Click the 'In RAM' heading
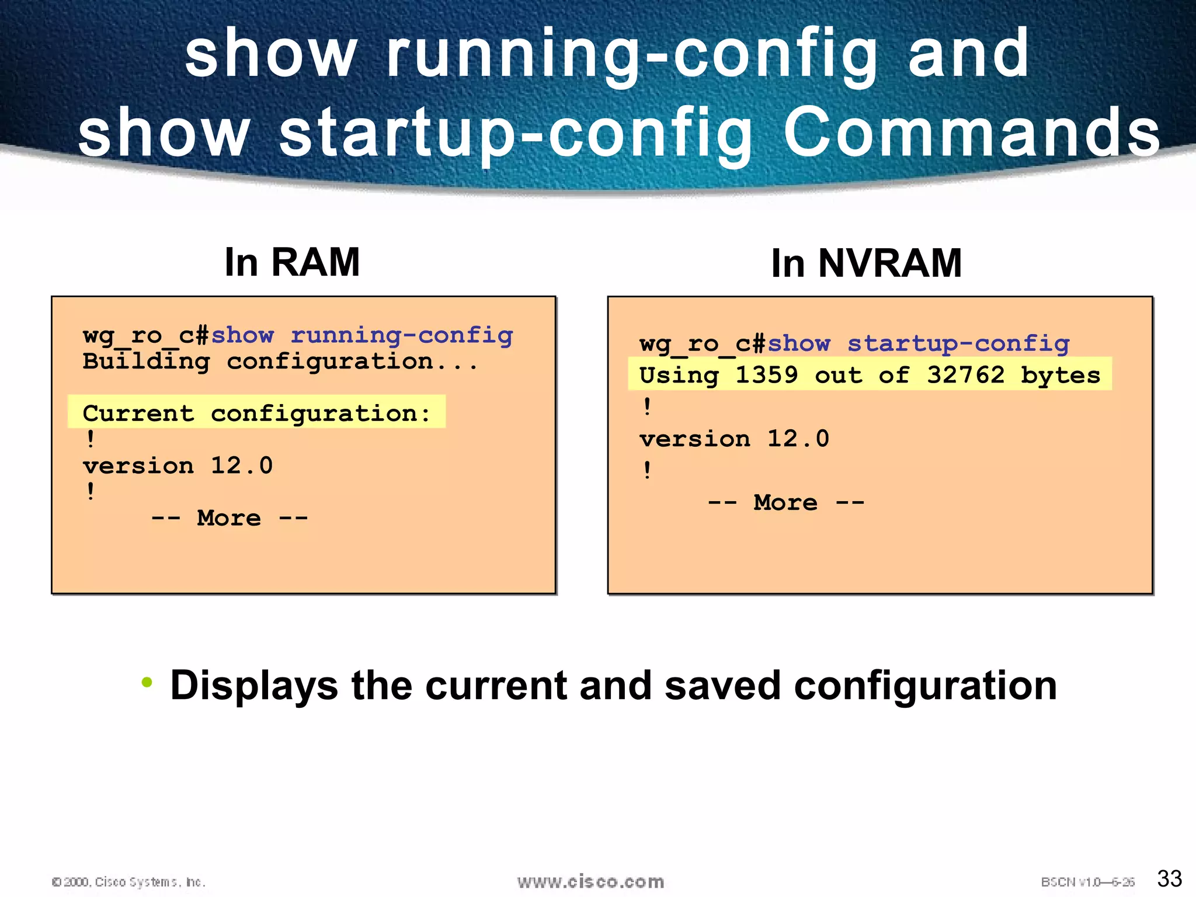pos(292,262)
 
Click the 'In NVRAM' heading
pos(866,263)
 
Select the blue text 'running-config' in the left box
pos(402,335)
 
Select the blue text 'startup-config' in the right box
pos(958,343)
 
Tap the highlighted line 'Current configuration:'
pos(256,413)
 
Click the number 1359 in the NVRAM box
pos(766,374)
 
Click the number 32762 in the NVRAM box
pos(965,374)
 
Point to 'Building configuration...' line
pos(280,361)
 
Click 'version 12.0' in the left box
pos(178,465)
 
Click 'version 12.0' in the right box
pos(734,439)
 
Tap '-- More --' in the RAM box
pos(229,518)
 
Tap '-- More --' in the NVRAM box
pos(785,502)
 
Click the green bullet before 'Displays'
pos(147,682)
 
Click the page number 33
pos(1169,878)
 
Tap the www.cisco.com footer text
pos(590,882)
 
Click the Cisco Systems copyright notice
pos(128,882)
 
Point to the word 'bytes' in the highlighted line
pos(1060,376)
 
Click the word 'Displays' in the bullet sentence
pos(253,686)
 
